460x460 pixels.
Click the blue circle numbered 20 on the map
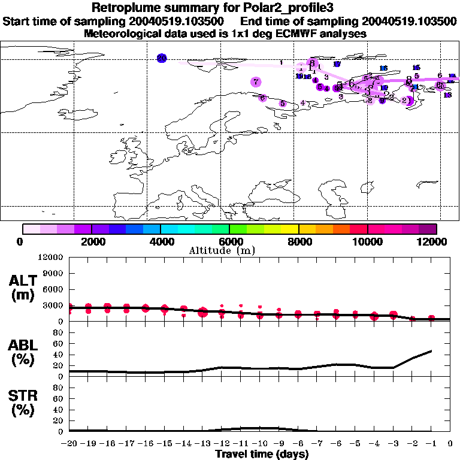tap(162, 58)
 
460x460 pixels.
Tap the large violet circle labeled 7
tap(256, 82)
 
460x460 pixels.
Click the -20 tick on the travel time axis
tap(69, 444)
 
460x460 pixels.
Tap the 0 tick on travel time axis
tap(450, 444)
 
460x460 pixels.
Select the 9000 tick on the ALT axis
tap(52, 274)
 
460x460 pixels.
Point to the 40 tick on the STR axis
tap(59, 410)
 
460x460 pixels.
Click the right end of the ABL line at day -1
tap(431, 351)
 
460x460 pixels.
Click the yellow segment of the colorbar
tap(290, 229)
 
